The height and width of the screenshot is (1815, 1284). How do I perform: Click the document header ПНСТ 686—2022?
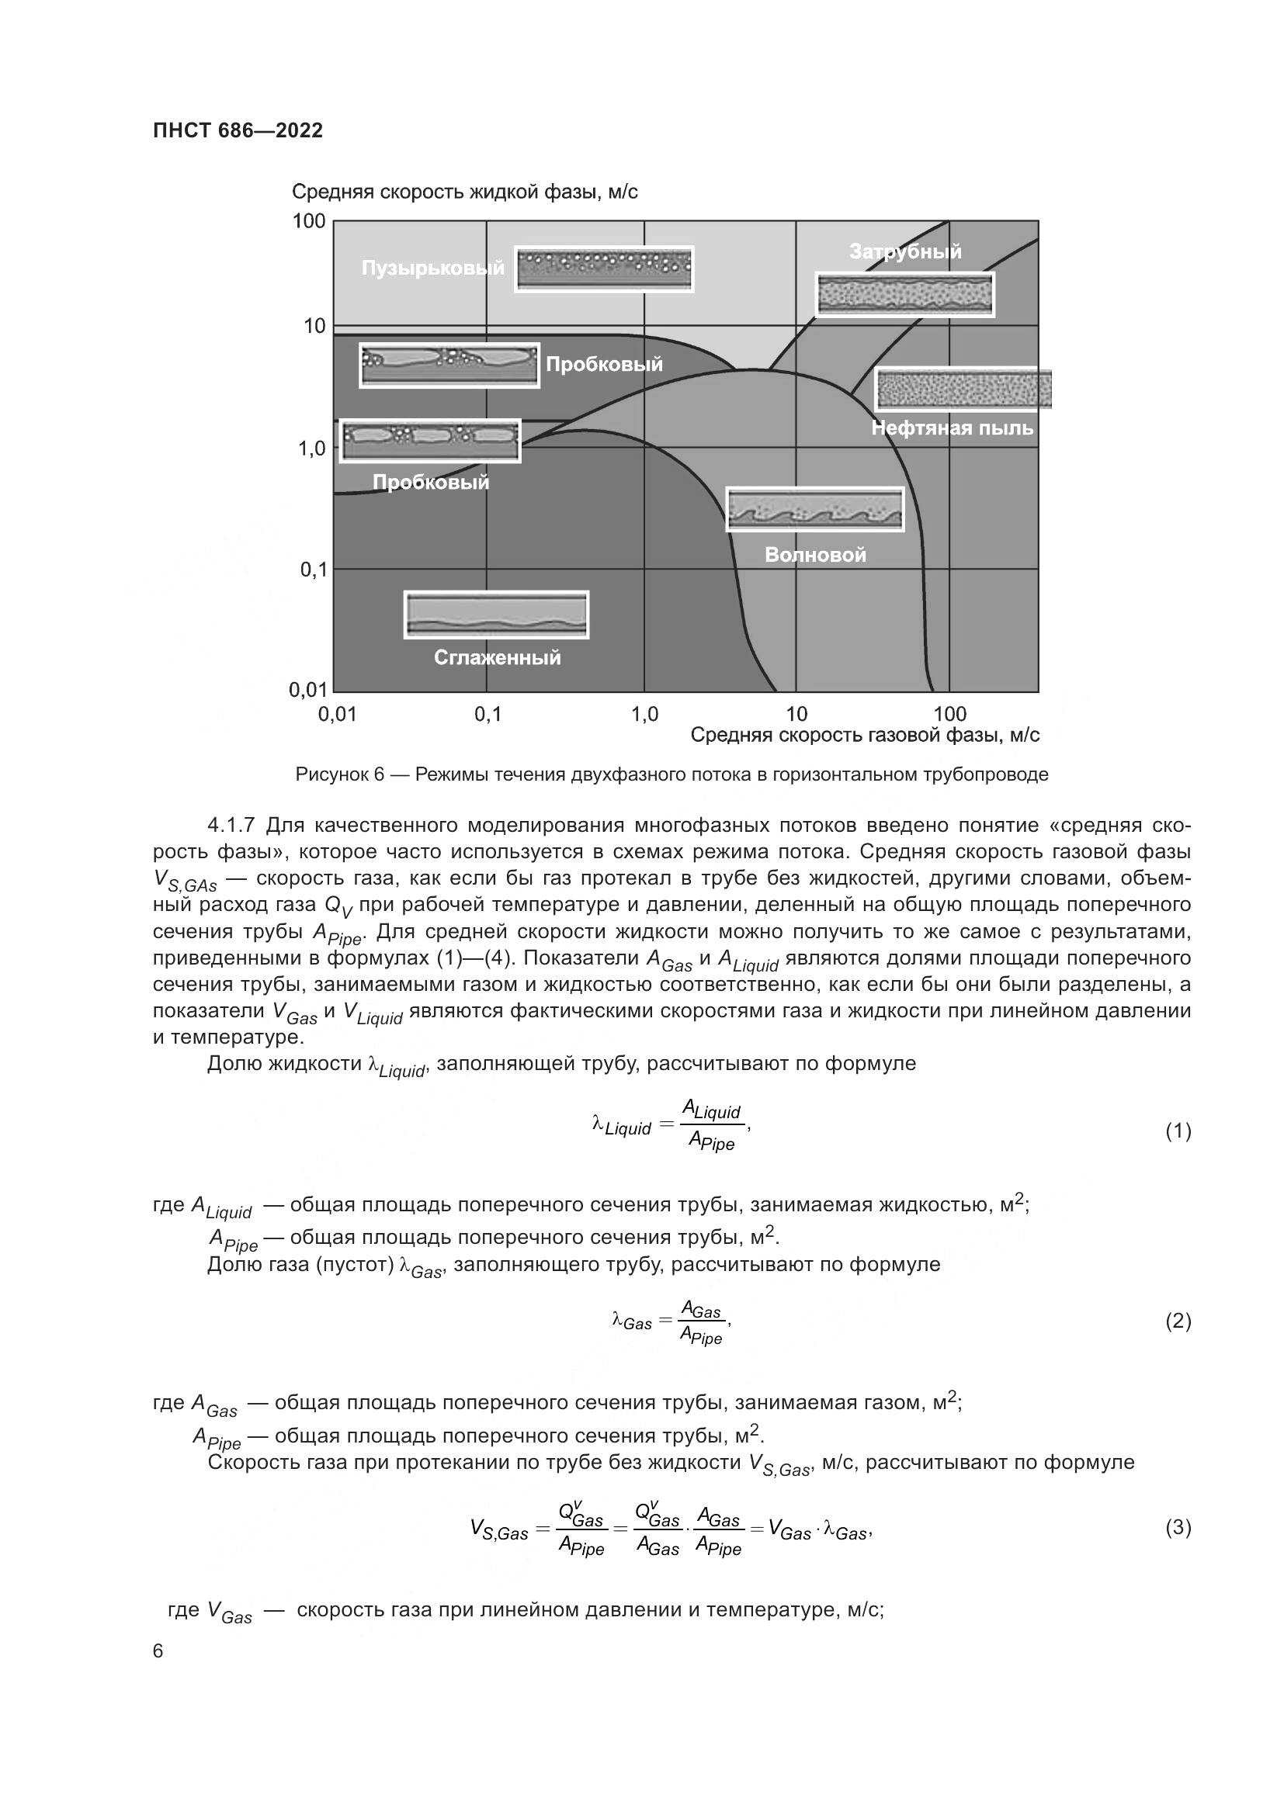pyautogui.click(x=238, y=130)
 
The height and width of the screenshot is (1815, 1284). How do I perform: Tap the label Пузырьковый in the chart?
pyautogui.click(x=432, y=268)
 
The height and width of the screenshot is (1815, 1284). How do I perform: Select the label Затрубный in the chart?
pyautogui.click(x=905, y=251)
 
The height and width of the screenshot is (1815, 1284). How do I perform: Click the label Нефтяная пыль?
pyautogui.click(x=952, y=428)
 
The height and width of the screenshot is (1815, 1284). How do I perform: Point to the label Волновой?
pyautogui.click(x=815, y=555)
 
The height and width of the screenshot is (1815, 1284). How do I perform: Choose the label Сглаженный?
pyautogui.click(x=498, y=658)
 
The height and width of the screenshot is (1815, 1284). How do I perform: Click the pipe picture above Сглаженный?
pyautogui.click(x=497, y=615)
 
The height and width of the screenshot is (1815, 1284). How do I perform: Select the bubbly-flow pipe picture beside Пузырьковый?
pyautogui.click(x=604, y=269)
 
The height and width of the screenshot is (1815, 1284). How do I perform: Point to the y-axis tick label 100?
pyautogui.click(x=309, y=221)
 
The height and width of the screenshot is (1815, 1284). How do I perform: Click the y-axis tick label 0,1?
pyautogui.click(x=313, y=569)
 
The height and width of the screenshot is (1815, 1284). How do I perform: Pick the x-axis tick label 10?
pyautogui.click(x=796, y=715)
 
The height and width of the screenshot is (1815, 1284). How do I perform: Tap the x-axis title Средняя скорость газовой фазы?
pyautogui.click(x=865, y=736)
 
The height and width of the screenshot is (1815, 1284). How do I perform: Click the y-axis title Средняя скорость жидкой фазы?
pyautogui.click(x=465, y=192)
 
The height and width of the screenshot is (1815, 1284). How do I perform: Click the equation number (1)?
pyautogui.click(x=1178, y=1132)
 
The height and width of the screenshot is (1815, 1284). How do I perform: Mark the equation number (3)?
pyautogui.click(x=1178, y=1528)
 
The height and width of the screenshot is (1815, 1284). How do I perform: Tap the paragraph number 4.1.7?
pyautogui.click(x=231, y=826)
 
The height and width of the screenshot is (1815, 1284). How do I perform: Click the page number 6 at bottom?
pyautogui.click(x=158, y=1651)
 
